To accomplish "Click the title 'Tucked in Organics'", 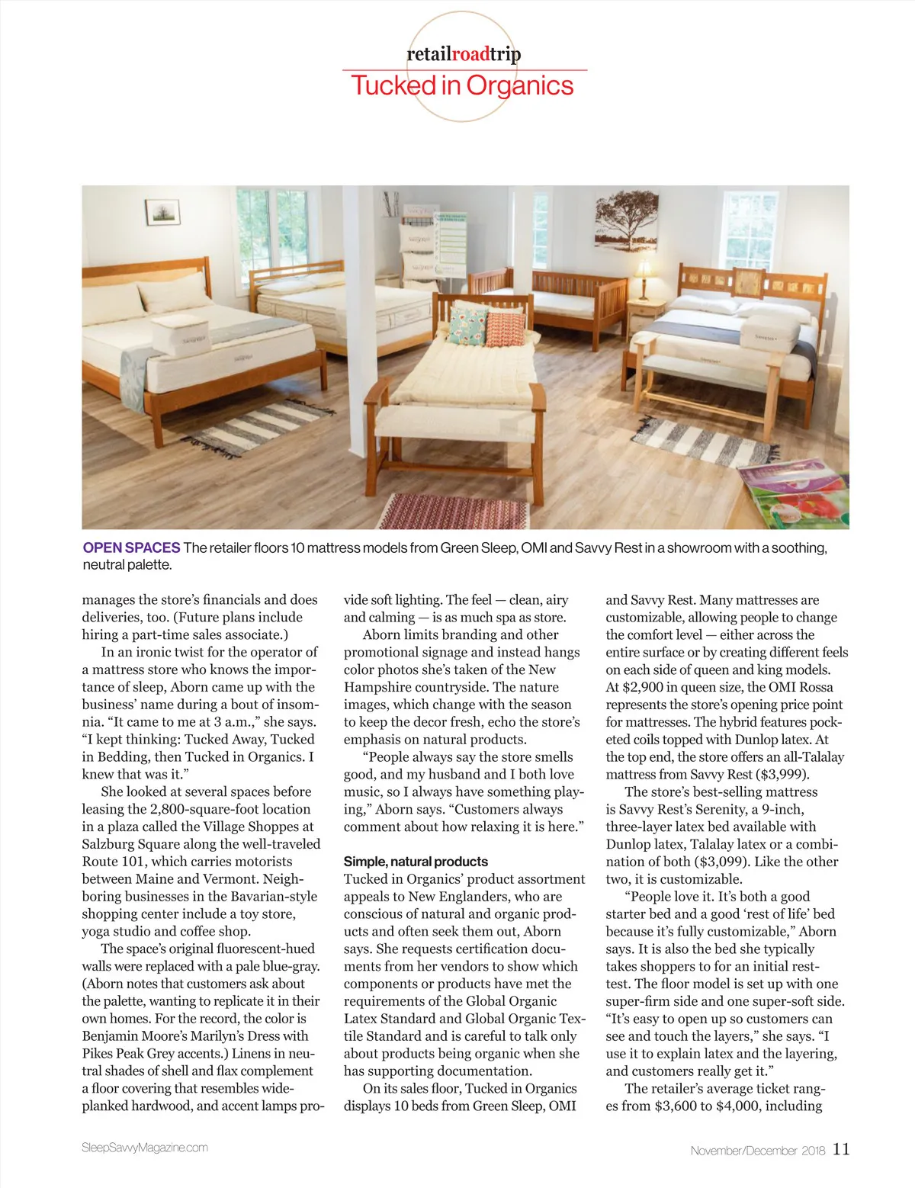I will [462, 85].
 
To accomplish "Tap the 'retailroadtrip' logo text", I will [464, 54].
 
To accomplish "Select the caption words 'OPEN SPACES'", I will [131, 547].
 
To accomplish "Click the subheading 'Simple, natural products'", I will [416, 862].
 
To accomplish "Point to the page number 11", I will [840, 1149].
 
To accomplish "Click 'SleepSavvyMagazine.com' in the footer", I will [145, 1148].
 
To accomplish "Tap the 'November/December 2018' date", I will [757, 1151].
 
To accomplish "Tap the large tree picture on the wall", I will [626, 220].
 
